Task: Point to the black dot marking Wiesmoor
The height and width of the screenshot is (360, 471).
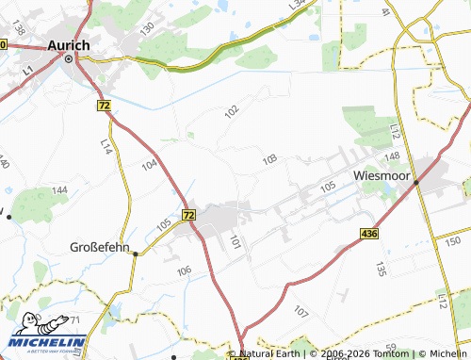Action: pyautogui.click(x=415, y=184)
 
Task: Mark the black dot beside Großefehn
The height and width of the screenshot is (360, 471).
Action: pyautogui.click(x=136, y=253)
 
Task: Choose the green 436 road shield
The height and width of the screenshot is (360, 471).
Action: pyautogui.click(x=368, y=231)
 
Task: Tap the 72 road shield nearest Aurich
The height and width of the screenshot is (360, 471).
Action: pyautogui.click(x=104, y=106)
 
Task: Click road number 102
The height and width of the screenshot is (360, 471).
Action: pyautogui.click(x=232, y=111)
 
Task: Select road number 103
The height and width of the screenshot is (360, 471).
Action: pyautogui.click(x=270, y=159)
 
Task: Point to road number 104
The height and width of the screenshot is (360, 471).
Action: pyautogui.click(x=149, y=164)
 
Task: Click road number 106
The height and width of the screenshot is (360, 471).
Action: pyautogui.click(x=185, y=270)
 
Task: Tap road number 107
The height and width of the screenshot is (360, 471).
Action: pyautogui.click(x=300, y=311)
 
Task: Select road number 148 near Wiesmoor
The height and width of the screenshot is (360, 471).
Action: pyautogui.click(x=393, y=155)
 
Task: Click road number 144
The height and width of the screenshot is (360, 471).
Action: pyautogui.click(x=59, y=190)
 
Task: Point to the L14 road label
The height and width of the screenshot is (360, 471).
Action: pyautogui.click(x=106, y=147)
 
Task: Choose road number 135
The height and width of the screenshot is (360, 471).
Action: pyautogui.click(x=381, y=269)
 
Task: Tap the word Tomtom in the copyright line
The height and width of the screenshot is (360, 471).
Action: pyautogui.click(x=386, y=353)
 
